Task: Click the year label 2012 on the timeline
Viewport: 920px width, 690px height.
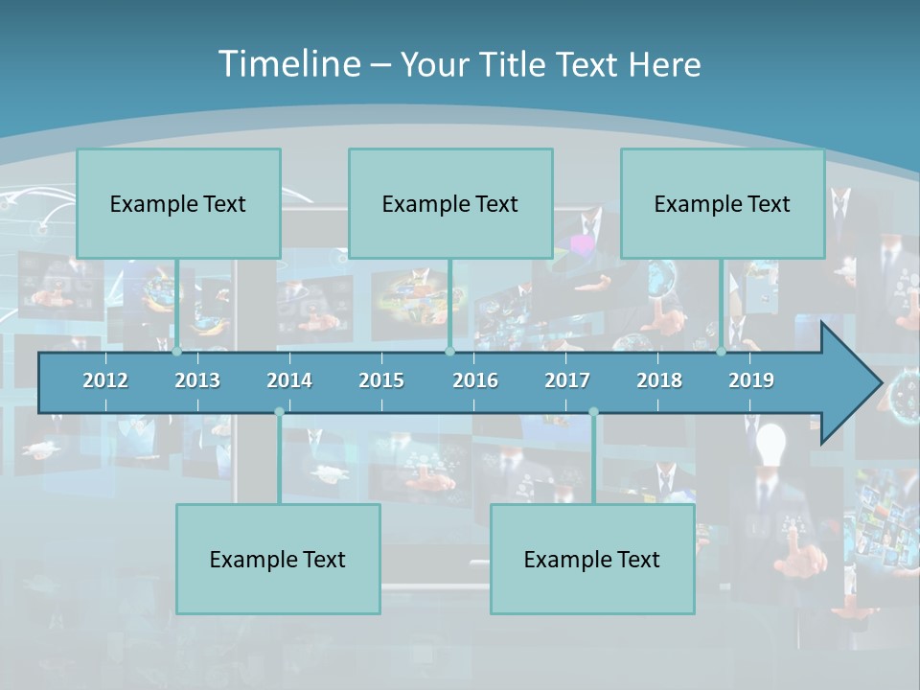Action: coord(105,380)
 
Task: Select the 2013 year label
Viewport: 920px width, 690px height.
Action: coord(197,380)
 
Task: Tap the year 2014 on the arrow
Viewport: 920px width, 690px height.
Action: coord(289,380)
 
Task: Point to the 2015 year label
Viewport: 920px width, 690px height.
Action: coord(381,380)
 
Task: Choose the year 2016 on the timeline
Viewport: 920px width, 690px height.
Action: coord(475,380)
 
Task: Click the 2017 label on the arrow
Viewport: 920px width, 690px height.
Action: coord(567,380)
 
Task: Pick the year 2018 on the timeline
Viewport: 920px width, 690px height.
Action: coord(659,380)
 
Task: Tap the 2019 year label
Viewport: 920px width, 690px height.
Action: coord(751,380)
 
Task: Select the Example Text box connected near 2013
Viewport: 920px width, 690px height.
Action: coord(178,203)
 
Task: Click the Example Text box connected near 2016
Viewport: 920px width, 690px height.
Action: coord(450,203)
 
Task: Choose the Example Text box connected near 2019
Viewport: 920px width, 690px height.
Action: coord(723,203)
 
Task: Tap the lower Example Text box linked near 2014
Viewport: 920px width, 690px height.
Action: coord(278,559)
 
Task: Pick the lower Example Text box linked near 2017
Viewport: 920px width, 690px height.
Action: coord(592,559)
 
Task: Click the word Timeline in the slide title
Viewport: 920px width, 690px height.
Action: coord(287,64)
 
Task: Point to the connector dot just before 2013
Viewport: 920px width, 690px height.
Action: coord(177,352)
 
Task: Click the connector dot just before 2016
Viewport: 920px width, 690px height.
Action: coord(449,352)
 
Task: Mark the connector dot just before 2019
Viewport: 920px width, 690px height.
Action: coord(722,352)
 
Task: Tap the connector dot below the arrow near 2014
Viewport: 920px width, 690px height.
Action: coord(279,412)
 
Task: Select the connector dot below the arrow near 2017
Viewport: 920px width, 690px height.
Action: coord(593,412)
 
